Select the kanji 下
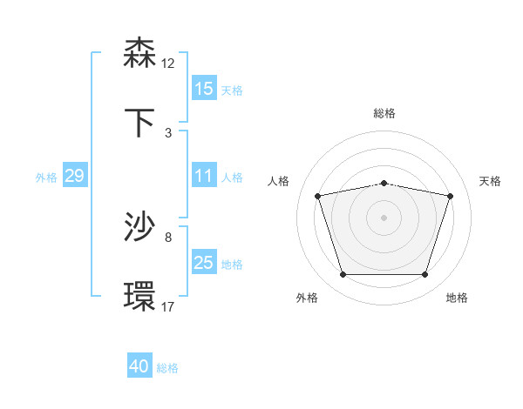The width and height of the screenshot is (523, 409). pos(139,123)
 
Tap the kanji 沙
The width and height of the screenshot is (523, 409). pos(139,227)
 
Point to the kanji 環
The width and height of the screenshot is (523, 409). pos(139,297)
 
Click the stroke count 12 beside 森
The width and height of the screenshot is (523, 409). pos(168,64)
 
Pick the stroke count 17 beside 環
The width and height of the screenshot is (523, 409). pos(168,306)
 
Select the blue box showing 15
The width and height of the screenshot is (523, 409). pos(204,89)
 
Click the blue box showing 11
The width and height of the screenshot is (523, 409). pos(204,176)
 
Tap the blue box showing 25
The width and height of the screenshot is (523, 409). pos(204,263)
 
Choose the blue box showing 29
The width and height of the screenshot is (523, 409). pos(74,176)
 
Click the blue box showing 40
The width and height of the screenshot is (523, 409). pos(139,366)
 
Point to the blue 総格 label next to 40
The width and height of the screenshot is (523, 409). pos(167,368)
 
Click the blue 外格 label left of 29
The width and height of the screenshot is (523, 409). pos(46,177)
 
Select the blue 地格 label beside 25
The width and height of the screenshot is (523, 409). pos(232,264)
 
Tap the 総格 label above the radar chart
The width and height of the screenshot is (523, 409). pos(384,113)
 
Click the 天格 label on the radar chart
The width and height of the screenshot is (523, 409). pos(491,181)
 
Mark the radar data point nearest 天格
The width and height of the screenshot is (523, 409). pos(450,197)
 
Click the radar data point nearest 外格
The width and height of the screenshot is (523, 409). pos(343,275)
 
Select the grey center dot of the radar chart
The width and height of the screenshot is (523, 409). pos(384,218)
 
